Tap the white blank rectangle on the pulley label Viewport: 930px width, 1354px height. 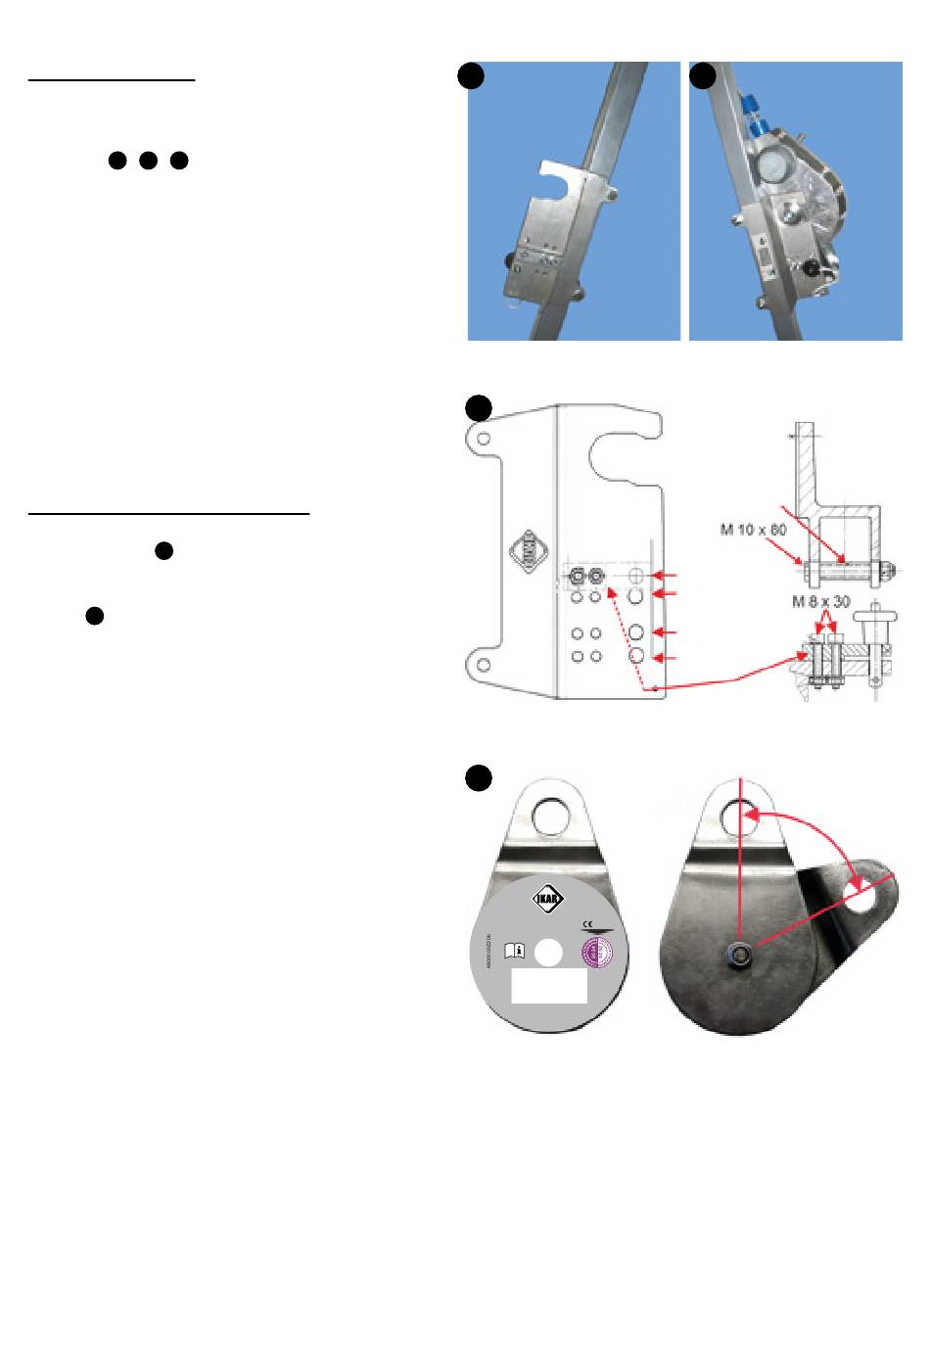point(549,986)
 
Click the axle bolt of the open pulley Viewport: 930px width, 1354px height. point(741,956)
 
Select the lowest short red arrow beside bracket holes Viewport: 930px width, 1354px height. point(666,657)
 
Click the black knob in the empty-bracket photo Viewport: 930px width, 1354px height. point(510,261)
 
